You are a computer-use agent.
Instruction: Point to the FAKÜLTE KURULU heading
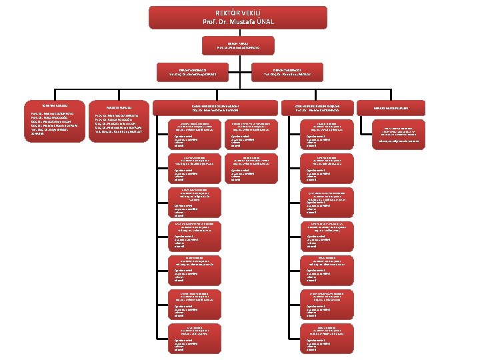119,108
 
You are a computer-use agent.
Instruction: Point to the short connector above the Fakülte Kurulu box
119,99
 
